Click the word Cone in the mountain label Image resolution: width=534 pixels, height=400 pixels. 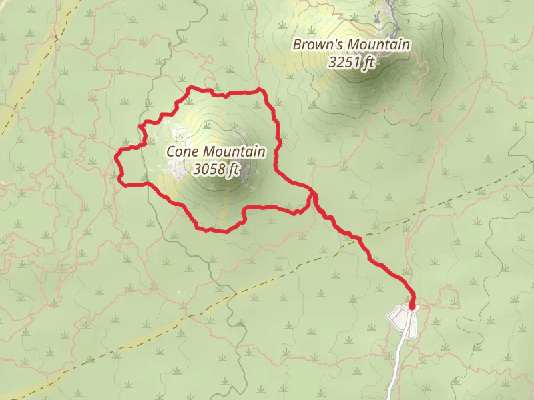(181, 152)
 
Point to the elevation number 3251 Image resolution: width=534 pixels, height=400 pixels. (343, 63)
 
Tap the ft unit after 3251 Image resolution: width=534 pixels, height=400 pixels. (366, 63)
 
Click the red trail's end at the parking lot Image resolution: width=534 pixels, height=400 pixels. (411, 307)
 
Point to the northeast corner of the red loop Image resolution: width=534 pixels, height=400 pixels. (264, 91)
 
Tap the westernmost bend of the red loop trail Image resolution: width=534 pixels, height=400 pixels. (117, 157)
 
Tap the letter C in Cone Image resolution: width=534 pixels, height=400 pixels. (170, 152)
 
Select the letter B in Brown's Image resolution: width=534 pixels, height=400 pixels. (298, 45)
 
